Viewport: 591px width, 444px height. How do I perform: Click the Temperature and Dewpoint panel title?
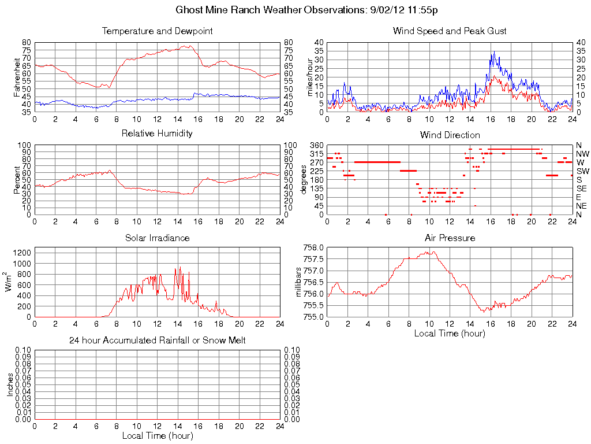(158, 31)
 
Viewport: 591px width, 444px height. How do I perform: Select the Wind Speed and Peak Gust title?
(450, 31)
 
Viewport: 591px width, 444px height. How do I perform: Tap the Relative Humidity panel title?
(157, 134)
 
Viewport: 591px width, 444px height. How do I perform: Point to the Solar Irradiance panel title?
(157, 238)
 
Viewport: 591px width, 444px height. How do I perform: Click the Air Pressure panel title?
(450, 238)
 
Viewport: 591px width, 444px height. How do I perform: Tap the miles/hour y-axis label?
(309, 77)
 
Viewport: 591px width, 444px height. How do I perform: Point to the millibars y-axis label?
(298, 282)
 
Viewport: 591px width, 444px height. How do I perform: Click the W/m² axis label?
(9, 282)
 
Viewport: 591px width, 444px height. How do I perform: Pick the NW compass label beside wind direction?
(582, 154)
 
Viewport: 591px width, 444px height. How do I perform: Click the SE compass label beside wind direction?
(582, 188)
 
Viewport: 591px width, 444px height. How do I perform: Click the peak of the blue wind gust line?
(493, 51)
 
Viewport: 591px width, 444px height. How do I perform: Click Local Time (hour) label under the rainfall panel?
(158, 435)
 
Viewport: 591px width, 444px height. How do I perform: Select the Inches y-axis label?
(10, 384)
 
